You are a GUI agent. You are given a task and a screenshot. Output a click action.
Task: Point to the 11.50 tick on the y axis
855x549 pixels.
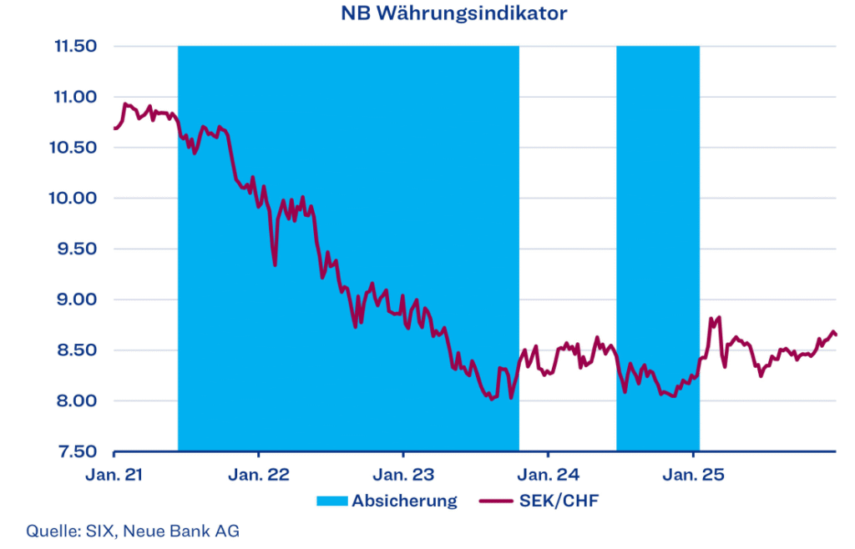click(76, 47)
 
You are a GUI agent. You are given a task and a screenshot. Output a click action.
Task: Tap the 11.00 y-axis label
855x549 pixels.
click(76, 98)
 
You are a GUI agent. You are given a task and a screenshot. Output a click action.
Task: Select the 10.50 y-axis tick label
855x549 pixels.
click(76, 148)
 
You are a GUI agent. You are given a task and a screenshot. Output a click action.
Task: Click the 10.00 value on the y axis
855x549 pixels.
click(76, 199)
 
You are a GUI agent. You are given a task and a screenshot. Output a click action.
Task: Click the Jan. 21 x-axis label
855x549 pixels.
click(114, 476)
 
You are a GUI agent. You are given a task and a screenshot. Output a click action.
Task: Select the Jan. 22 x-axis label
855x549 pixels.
click(259, 476)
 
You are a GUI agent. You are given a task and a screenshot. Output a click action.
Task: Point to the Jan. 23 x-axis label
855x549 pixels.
click(403, 476)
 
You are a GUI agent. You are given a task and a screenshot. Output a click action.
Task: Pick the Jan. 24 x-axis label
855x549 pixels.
click(548, 476)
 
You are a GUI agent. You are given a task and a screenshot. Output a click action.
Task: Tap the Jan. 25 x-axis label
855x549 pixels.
click(693, 476)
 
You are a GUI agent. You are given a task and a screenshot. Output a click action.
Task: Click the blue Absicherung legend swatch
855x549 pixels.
click(331, 501)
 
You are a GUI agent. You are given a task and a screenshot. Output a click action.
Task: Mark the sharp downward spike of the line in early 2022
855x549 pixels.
click(275, 264)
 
